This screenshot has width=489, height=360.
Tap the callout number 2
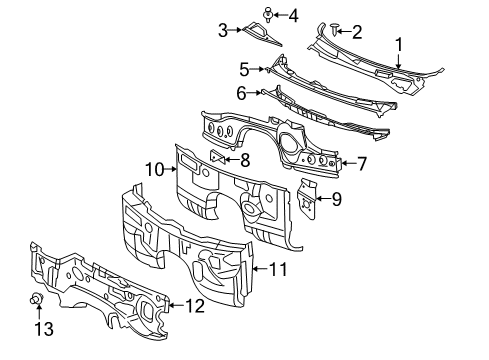(x=357, y=32)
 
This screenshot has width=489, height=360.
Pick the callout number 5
(x=243, y=69)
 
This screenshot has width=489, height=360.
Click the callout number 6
(x=241, y=92)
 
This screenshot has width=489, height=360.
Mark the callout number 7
(x=361, y=162)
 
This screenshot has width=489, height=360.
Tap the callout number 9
(x=336, y=199)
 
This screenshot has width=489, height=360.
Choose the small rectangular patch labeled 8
(x=217, y=157)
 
